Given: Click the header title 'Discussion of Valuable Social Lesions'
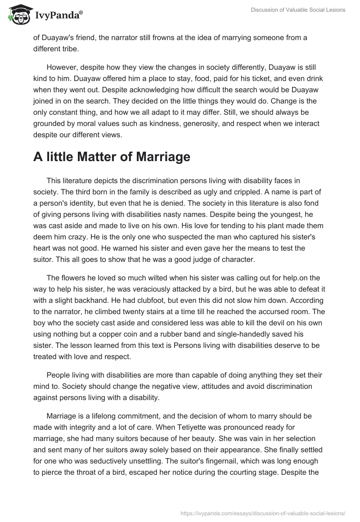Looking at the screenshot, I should (297, 10).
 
